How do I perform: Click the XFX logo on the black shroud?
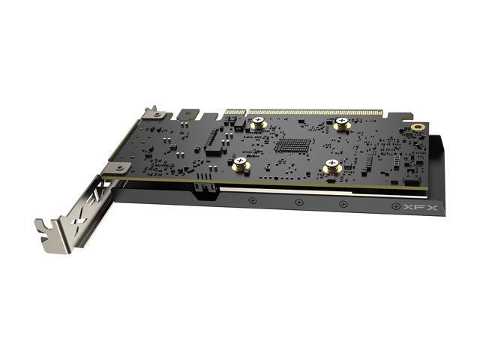point(420,208)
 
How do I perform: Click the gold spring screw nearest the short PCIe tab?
point(259,123)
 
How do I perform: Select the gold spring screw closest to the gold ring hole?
point(342,124)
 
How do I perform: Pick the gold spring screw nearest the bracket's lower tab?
point(241,164)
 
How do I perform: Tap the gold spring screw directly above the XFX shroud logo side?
point(332,166)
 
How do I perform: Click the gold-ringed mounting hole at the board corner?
point(417,127)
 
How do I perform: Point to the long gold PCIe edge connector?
point(315,112)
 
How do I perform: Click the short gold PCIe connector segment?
point(235,112)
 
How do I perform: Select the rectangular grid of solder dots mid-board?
point(292,146)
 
